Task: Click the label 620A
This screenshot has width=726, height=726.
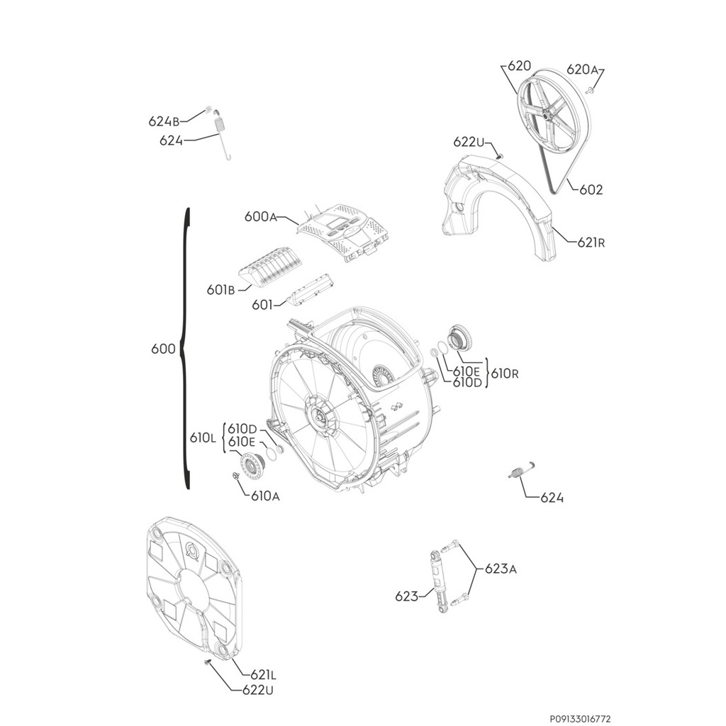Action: pyautogui.click(x=582, y=69)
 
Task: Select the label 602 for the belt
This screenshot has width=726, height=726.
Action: pyautogui.click(x=591, y=190)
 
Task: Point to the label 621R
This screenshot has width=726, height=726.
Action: pyautogui.click(x=591, y=242)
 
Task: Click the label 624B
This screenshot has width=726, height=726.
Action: pyautogui.click(x=163, y=121)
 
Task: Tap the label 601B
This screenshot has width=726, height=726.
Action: pyautogui.click(x=220, y=289)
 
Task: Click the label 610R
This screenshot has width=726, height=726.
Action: pyautogui.click(x=504, y=373)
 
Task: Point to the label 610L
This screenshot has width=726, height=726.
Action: pyautogui.click(x=203, y=439)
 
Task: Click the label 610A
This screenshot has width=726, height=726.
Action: pyautogui.click(x=265, y=496)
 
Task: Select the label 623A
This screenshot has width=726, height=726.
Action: pyautogui.click(x=501, y=569)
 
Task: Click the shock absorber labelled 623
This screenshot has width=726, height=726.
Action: pyautogui.click(x=440, y=581)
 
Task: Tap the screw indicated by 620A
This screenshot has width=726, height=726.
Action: pyautogui.click(x=589, y=90)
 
